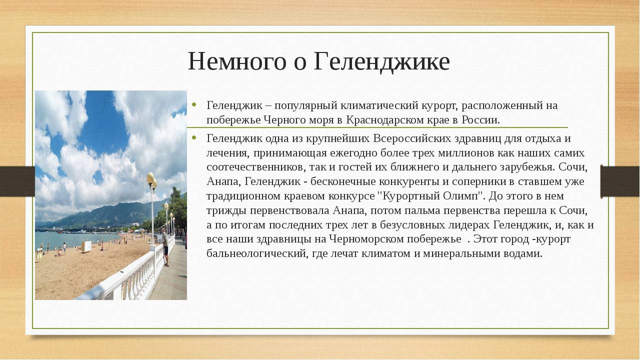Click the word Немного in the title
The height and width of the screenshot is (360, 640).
(x=237, y=61)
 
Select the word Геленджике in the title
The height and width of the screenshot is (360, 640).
(x=381, y=62)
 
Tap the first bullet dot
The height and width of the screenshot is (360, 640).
(x=194, y=104)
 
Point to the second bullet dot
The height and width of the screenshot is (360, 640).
(x=194, y=137)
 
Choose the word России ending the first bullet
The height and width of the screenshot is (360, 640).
(x=481, y=120)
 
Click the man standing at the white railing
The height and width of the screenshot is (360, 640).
(x=165, y=247)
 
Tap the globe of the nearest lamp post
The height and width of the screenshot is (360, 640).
(x=150, y=178)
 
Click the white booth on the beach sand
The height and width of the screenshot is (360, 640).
(x=86, y=246)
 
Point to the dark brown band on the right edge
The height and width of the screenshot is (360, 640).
(x=619, y=181)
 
